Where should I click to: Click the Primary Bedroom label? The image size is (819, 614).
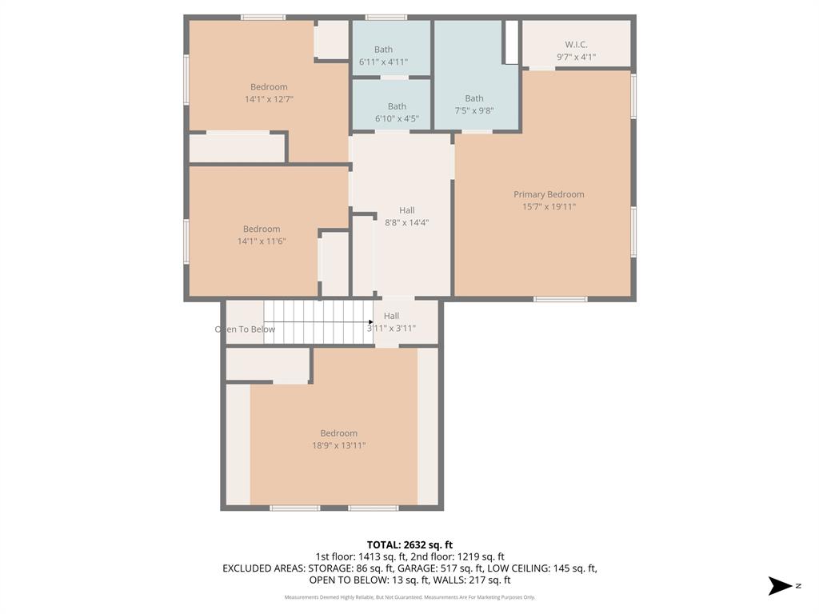549,194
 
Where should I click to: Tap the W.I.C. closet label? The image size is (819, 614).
576,45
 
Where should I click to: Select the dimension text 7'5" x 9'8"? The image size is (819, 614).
474,111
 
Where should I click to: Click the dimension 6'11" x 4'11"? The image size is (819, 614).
383,62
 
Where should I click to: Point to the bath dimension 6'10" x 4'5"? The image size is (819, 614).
397,118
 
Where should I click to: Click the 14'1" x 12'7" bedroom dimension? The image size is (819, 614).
269,99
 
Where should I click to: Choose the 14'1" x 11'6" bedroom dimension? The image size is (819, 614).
262,241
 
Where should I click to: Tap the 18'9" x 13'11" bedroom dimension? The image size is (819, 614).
338,445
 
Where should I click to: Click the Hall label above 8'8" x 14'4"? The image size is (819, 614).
407,210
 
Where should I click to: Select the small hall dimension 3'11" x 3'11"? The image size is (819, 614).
391,328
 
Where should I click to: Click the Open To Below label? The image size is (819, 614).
245,329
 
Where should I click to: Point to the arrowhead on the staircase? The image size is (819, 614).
370,322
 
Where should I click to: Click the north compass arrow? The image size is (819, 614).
780,586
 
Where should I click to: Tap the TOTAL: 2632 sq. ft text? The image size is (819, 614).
409,544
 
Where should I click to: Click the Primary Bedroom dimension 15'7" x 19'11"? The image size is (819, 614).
549,206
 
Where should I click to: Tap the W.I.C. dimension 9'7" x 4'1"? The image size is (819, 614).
576,57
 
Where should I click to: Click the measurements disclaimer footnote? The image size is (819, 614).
409,597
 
